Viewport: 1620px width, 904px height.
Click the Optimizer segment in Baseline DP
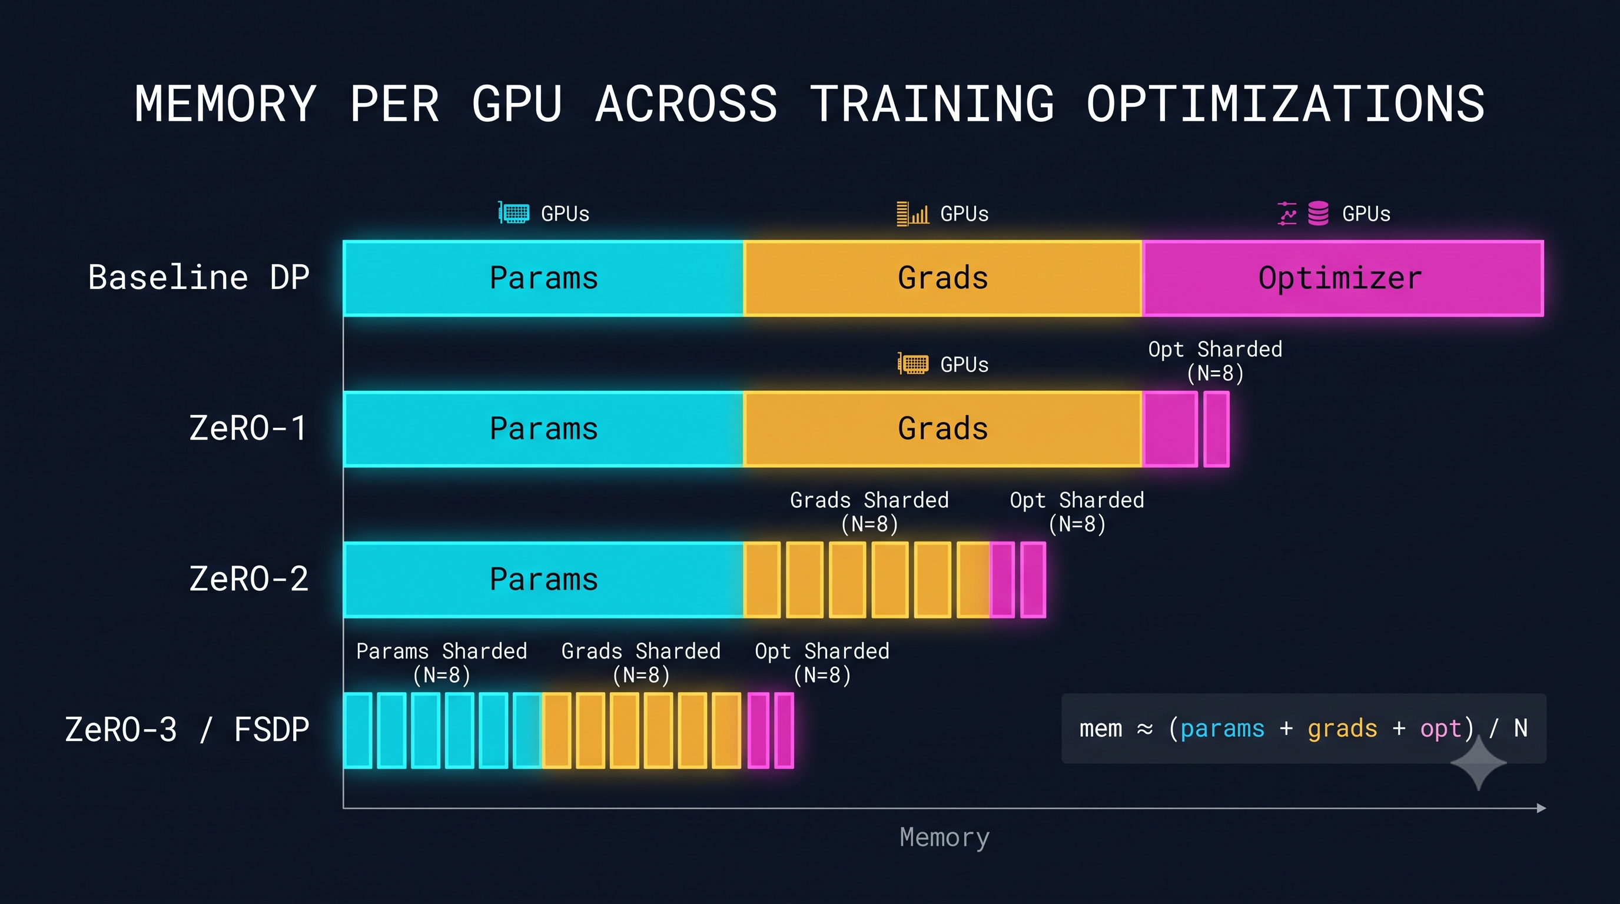coord(1343,278)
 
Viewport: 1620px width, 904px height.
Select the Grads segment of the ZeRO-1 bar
coord(942,428)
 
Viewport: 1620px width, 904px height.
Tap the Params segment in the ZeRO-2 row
coord(543,580)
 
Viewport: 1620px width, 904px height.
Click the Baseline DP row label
coord(199,278)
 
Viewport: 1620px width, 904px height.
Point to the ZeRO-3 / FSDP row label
coord(187,730)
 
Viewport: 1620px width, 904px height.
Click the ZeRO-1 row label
coord(249,428)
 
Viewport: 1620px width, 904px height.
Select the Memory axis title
coord(945,838)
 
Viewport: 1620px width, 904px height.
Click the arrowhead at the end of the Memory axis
coord(1541,808)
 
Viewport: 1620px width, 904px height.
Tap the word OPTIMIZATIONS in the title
coord(1286,104)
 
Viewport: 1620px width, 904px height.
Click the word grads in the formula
coord(1342,729)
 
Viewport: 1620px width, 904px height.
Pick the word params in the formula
coord(1222,729)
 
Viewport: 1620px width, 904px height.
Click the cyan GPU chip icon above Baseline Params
coord(514,213)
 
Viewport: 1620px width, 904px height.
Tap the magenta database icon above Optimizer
coord(1318,213)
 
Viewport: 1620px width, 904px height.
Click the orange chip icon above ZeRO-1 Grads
coord(912,363)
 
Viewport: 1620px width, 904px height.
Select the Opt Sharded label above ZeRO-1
coord(1215,361)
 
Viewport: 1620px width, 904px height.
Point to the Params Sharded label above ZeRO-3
coord(441,663)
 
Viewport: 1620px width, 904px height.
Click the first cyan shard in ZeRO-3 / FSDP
coord(358,730)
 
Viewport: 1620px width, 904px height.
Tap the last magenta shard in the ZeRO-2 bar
coord(1033,580)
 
